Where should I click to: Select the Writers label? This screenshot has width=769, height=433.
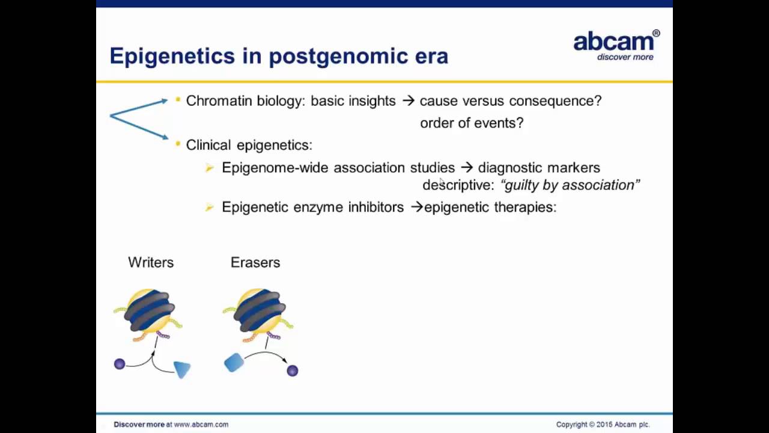[151, 262]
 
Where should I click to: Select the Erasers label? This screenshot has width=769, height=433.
[255, 262]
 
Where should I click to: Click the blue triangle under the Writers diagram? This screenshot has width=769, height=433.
[182, 369]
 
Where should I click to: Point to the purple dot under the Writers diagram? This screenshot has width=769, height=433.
[120, 364]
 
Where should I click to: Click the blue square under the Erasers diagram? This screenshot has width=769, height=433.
[234, 363]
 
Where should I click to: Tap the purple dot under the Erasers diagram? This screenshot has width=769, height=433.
[293, 370]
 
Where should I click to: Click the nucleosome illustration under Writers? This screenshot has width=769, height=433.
[148, 312]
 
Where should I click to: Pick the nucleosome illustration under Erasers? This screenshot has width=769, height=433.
[258, 312]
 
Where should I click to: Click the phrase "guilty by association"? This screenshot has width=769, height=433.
[570, 185]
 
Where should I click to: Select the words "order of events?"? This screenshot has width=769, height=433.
[472, 123]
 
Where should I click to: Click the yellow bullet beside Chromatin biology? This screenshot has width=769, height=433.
[178, 100]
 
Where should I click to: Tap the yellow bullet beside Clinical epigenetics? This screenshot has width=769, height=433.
[178, 144]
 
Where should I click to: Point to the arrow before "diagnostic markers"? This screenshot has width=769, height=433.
[466, 168]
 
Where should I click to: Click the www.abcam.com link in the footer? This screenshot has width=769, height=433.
[201, 425]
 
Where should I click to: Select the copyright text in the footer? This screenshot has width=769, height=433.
[603, 425]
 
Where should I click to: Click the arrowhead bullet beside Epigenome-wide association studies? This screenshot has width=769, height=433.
[210, 168]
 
